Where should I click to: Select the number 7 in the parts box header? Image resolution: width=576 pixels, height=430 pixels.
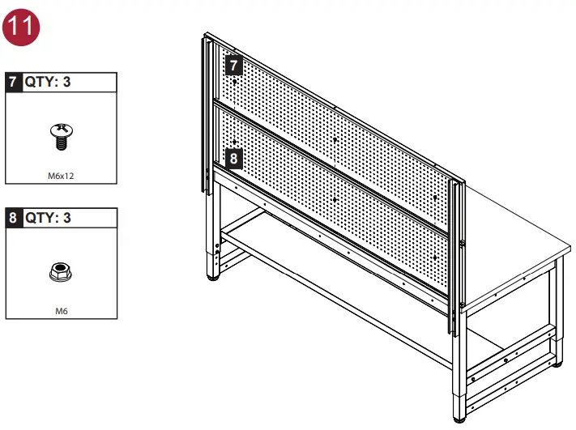[x=13, y=82]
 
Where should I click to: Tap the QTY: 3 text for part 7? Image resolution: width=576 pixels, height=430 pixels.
[x=48, y=82]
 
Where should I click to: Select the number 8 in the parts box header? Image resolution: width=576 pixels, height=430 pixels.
[x=13, y=218]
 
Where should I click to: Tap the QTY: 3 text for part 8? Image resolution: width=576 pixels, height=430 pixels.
[x=48, y=218]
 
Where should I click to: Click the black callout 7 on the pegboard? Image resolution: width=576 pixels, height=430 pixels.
[x=233, y=65]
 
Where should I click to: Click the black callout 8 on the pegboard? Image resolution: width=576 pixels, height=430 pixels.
[x=233, y=158]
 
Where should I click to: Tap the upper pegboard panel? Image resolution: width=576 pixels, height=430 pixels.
[x=340, y=121]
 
